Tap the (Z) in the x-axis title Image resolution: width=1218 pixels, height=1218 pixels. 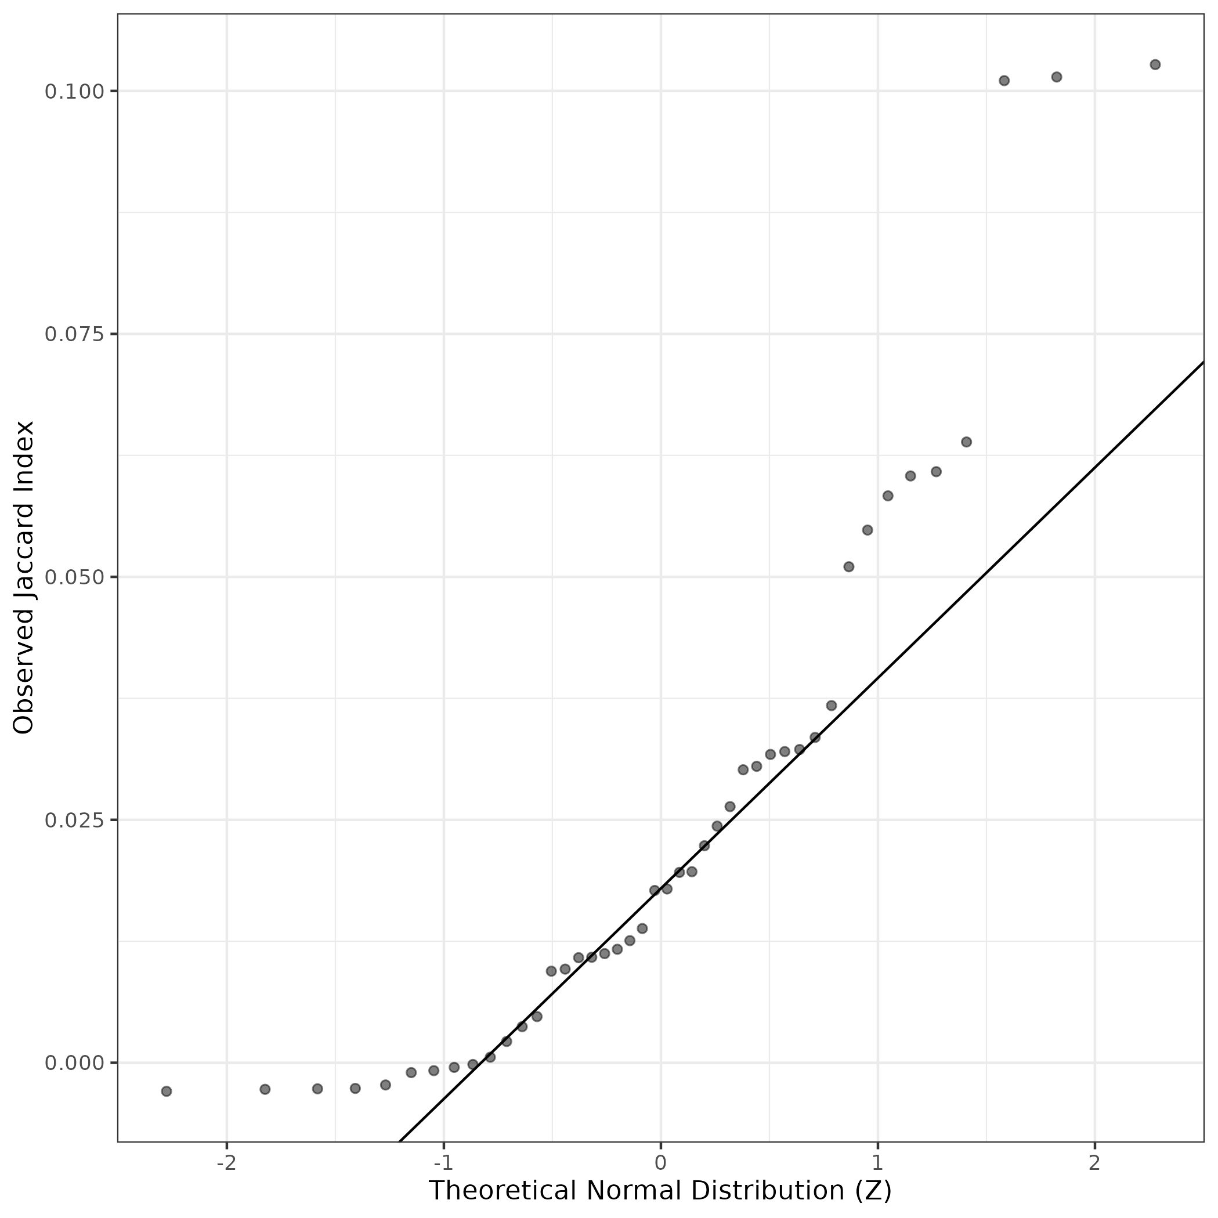(x=873, y=1191)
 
